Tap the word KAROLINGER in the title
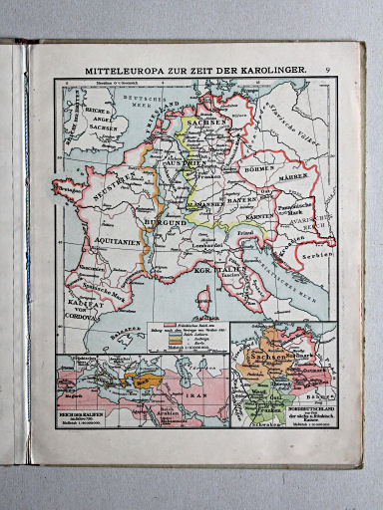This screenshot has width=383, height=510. [x=271, y=71]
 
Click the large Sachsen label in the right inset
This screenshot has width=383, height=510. [x=278, y=357]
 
